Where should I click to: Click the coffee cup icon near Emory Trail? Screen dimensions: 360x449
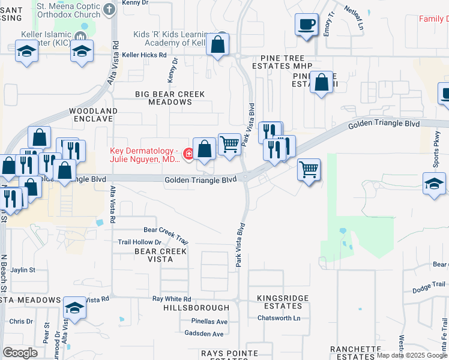[307, 25]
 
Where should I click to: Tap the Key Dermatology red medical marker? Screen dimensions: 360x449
[188, 154]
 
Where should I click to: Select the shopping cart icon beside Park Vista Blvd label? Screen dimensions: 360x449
[229, 144]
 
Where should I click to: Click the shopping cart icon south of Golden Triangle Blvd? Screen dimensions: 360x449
[309, 170]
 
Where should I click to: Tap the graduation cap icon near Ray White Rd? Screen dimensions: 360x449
[74, 308]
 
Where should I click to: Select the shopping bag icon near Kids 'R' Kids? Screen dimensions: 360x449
[218, 44]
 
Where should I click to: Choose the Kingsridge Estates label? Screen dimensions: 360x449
[283, 302]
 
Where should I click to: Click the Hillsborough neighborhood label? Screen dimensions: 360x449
[188, 307]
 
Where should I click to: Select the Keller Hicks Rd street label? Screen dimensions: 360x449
[144, 55]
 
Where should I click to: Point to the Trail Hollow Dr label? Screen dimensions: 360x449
[140, 242]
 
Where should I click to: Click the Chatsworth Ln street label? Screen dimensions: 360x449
[279, 318]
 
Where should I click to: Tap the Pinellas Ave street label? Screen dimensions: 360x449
[209, 322]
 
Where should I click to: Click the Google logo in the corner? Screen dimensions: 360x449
[20, 352]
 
